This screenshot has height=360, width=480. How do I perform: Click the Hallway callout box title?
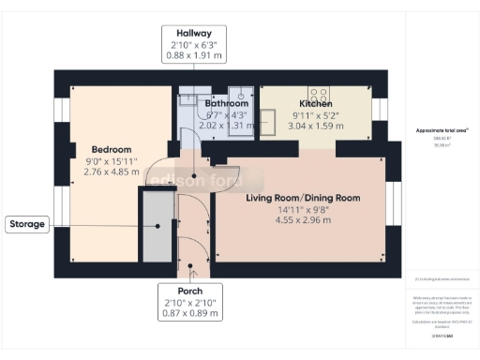pos(192,32)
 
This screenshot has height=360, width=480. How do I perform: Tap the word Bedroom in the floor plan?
pos(111,149)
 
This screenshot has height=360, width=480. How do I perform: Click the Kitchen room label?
pos(316,103)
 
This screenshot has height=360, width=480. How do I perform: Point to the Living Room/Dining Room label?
pos(303,198)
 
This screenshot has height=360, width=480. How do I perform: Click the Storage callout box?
pos(27,224)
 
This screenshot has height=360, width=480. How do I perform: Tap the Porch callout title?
pos(190,291)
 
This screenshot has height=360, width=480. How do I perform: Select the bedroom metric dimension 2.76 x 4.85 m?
pos(111,172)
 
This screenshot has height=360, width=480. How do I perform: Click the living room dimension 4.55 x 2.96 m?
pos(303,221)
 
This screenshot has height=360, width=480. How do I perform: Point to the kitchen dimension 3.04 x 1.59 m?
pos(316,126)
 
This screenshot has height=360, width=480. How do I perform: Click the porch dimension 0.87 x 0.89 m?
pos(190,313)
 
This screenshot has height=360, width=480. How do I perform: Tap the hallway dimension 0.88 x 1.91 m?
pos(192,54)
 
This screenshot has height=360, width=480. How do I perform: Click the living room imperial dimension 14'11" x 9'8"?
pos(303,210)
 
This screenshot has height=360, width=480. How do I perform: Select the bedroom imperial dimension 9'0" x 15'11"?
pos(111,161)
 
